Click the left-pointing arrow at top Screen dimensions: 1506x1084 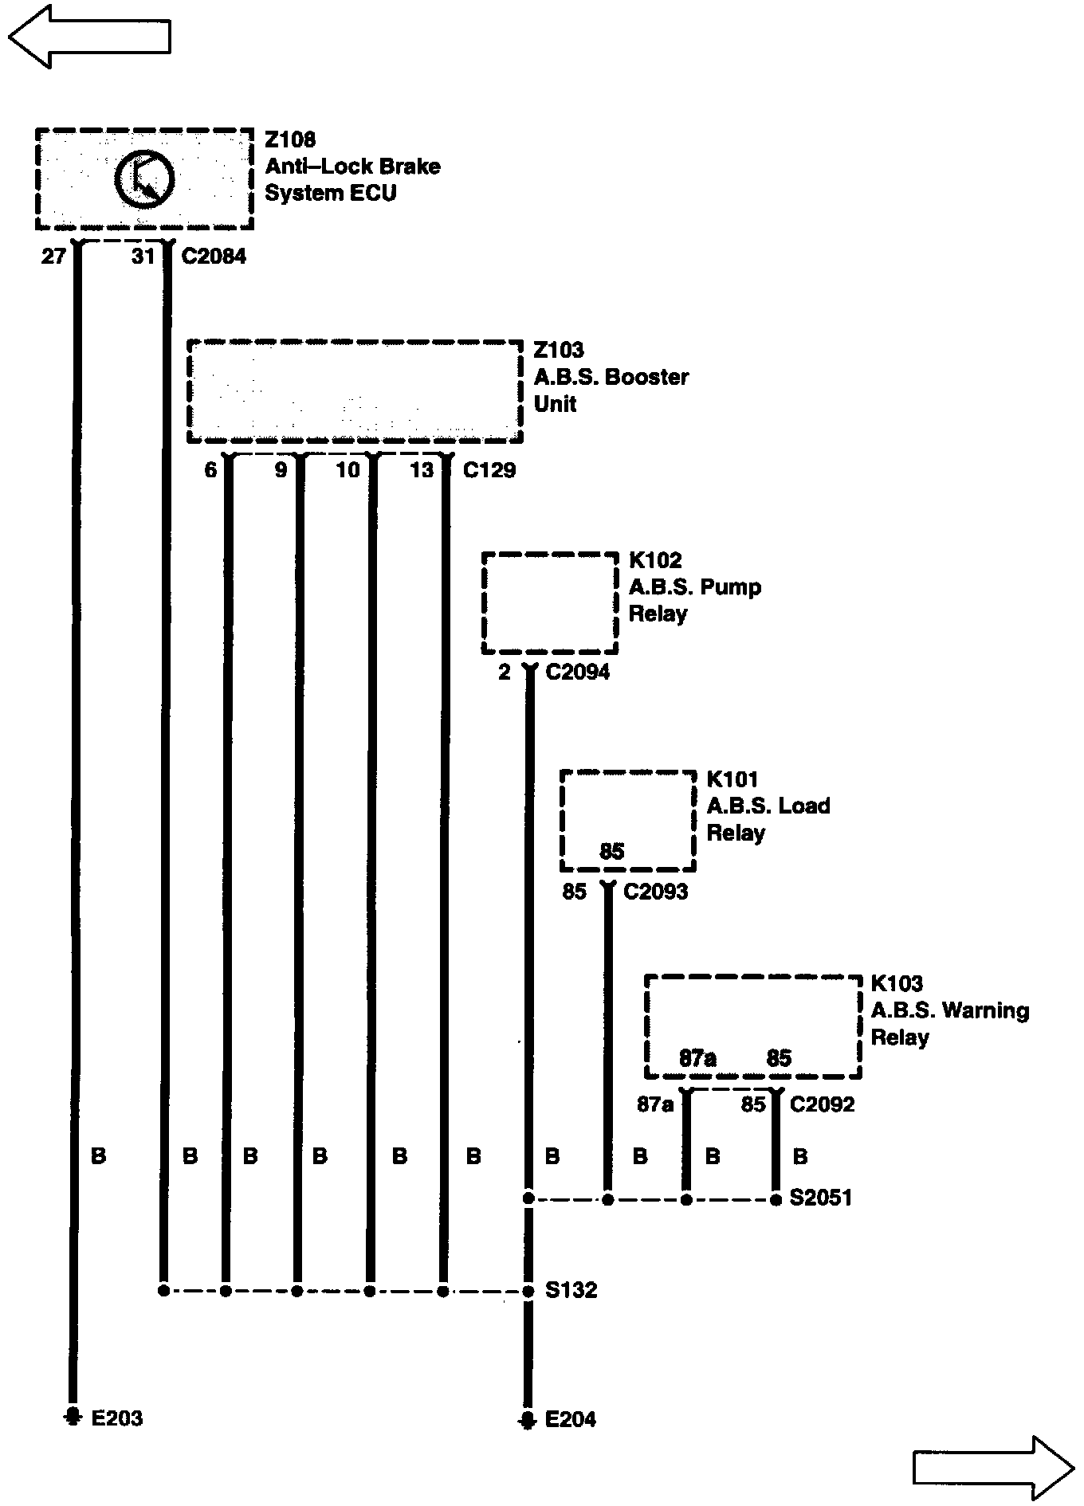tap(89, 36)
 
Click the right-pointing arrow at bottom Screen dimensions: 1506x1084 tap(993, 1467)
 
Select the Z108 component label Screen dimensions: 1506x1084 tap(290, 140)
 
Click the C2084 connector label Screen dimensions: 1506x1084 tap(214, 257)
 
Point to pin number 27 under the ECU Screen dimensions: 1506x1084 tap(53, 257)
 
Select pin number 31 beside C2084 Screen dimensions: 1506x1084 tap(143, 257)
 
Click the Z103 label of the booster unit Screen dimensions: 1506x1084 tap(558, 351)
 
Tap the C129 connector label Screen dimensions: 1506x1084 tap(489, 470)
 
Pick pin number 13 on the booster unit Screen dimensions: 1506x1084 tap(421, 470)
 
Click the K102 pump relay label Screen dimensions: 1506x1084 tap(655, 561)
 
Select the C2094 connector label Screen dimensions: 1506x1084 tap(577, 673)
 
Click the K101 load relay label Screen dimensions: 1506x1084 tap(732, 779)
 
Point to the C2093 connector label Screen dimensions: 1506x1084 tap(655, 892)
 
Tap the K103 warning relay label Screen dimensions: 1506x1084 tap(897, 984)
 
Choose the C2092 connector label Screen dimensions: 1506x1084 tap(822, 1104)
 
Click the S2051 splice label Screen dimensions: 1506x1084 tap(820, 1198)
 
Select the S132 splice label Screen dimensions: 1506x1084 tap(571, 1290)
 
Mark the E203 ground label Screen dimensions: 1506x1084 tap(116, 1418)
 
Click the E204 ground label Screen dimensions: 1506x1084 tap(570, 1419)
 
